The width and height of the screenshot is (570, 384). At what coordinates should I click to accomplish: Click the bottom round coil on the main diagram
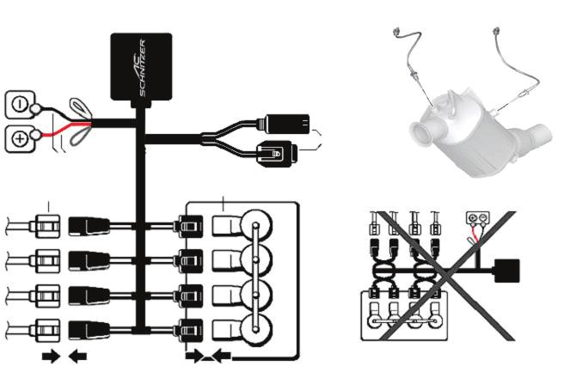254,328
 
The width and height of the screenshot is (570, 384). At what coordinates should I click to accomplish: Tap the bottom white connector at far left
44,328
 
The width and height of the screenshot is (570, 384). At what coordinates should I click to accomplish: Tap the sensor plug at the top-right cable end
497,34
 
